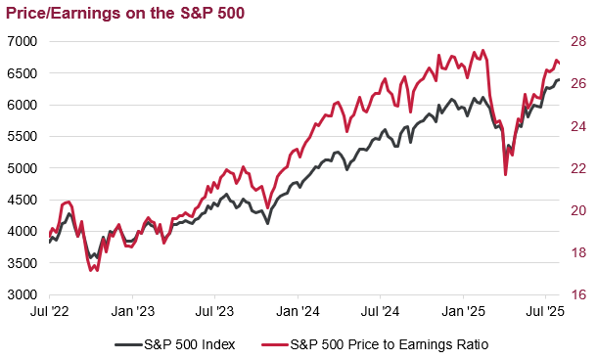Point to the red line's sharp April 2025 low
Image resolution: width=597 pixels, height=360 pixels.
[505, 174]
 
